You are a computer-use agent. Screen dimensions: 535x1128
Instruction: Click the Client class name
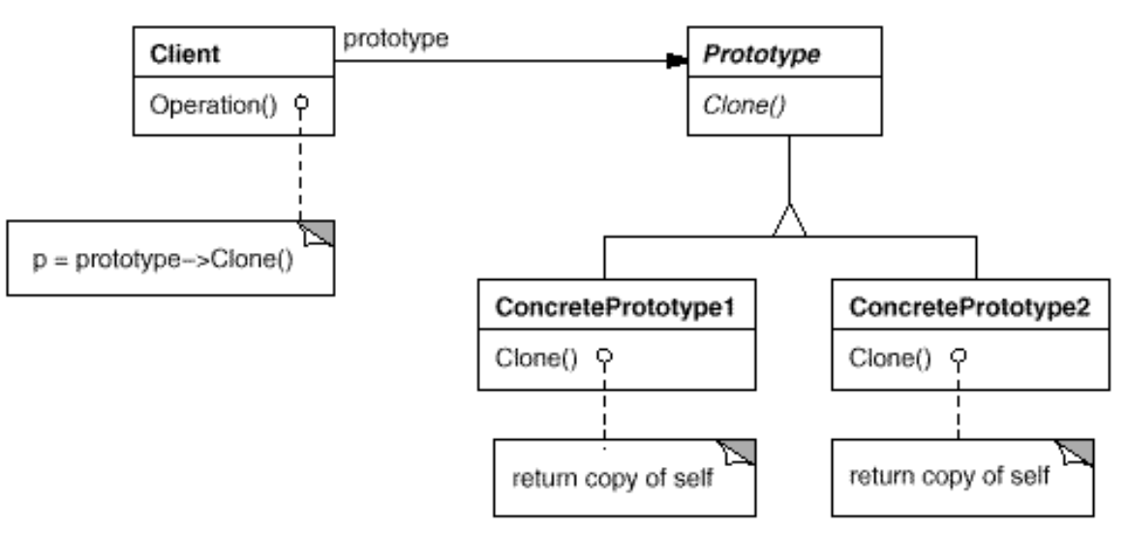pos(185,54)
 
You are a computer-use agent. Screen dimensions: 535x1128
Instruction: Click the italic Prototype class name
pos(761,54)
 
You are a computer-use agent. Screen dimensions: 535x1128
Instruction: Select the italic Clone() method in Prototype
pos(744,105)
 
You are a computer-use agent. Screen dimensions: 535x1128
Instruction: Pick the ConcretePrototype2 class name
pos(969,308)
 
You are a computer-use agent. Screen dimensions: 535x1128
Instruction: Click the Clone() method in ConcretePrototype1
pos(536,358)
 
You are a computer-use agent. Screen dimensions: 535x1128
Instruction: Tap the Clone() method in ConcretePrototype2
pos(890,358)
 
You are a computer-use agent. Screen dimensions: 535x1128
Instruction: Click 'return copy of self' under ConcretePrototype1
pos(612,479)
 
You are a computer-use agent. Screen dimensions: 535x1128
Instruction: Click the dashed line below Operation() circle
pos(301,165)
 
